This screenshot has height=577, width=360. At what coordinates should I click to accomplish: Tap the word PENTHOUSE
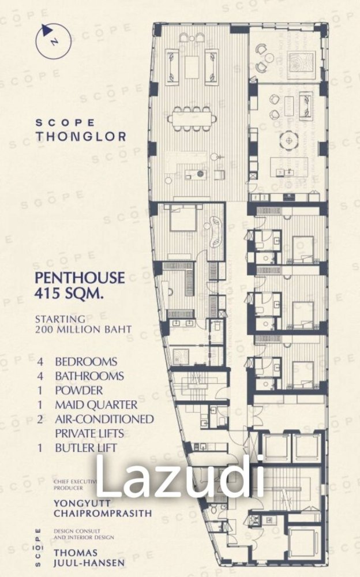(80, 278)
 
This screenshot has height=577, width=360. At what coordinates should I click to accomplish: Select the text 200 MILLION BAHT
(83, 329)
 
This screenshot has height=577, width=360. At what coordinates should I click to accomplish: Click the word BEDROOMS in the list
(86, 362)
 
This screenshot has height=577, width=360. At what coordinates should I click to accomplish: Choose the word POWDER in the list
(79, 390)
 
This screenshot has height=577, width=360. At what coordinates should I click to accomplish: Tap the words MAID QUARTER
(96, 404)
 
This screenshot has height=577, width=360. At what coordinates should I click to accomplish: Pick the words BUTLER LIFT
(86, 447)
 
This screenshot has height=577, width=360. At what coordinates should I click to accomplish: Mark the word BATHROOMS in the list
(89, 376)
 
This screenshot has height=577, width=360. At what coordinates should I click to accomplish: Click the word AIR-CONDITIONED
(104, 419)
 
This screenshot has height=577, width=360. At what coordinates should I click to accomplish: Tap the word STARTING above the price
(60, 319)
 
